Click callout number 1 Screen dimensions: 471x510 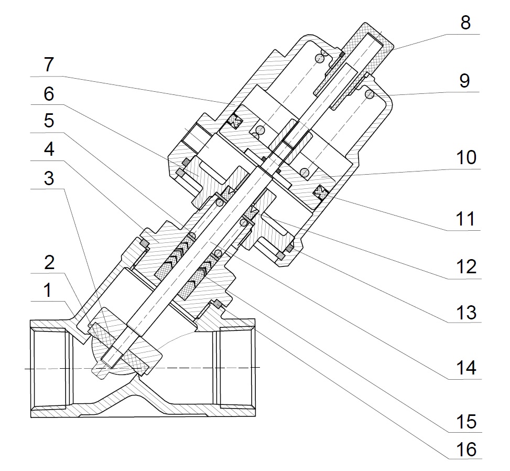48,290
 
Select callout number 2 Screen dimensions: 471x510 48,263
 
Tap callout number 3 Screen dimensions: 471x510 48,178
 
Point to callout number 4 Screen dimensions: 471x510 48,149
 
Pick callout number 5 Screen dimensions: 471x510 48,121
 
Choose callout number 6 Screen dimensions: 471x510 48,94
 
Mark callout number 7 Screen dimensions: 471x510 48,66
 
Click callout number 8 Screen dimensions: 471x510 464,24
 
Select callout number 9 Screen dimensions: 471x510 464,81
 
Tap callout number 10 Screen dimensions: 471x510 464,157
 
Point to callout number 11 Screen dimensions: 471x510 464,219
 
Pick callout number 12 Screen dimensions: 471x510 464,267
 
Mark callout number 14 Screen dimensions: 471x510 464,368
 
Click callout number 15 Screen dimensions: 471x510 464,421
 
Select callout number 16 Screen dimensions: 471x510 464,449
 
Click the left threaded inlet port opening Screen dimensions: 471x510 50,369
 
